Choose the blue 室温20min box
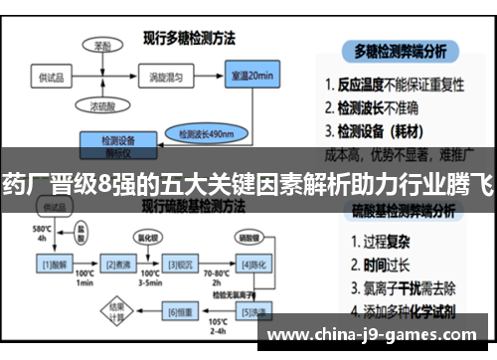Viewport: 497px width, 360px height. pos(252,76)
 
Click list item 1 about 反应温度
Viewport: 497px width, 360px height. pos(403,84)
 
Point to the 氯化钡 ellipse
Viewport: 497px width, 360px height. pos(148,238)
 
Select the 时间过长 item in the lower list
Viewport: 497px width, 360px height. pos(382,264)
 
